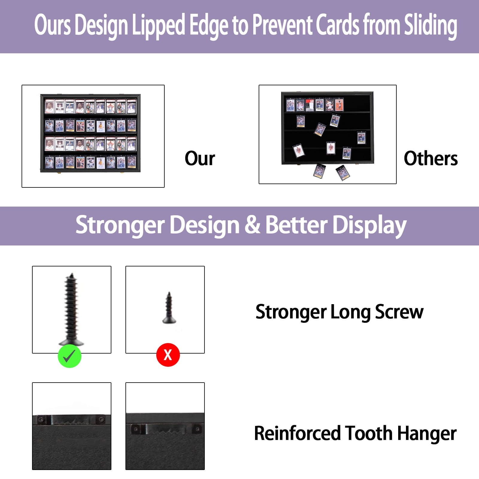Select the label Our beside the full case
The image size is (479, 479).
coord(200,158)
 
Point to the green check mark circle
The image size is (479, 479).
coord(69,356)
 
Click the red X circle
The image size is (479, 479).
coord(168,355)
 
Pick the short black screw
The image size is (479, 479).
coord(169,308)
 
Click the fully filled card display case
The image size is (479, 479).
coord(90,134)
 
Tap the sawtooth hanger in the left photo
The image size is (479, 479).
coord(71,420)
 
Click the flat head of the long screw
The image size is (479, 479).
coord(71,342)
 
